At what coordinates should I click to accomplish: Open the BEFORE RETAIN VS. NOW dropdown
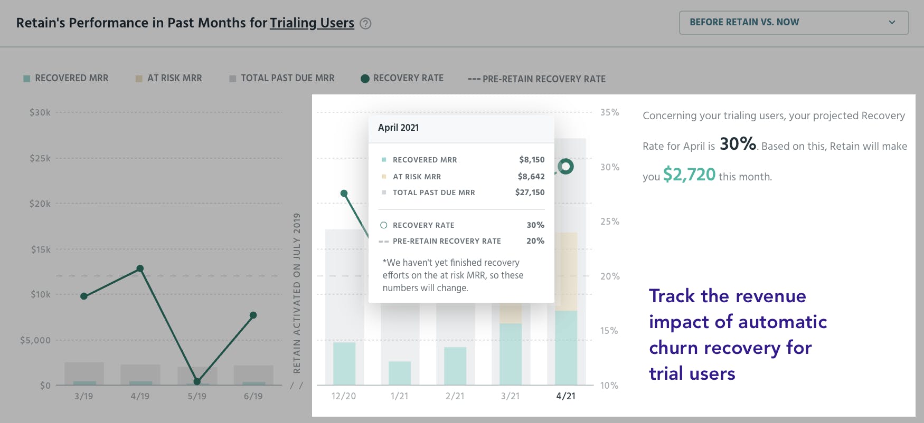click(x=793, y=23)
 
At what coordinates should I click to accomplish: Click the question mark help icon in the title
click(x=365, y=24)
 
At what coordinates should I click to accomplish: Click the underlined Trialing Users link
click(x=312, y=23)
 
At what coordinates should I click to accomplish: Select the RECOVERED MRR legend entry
click(x=66, y=78)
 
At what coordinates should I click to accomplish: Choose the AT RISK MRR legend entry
click(x=169, y=78)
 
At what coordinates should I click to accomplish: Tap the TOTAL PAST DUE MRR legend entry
click(x=282, y=78)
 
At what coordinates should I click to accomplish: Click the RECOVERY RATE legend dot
click(x=365, y=79)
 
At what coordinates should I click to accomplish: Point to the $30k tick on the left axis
click(x=40, y=112)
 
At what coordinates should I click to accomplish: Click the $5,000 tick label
click(x=35, y=340)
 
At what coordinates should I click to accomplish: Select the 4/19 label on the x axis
click(x=140, y=396)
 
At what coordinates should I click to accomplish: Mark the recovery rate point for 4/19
click(x=140, y=268)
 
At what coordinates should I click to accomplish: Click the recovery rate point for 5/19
click(x=197, y=381)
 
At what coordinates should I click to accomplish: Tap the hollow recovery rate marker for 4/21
click(x=565, y=167)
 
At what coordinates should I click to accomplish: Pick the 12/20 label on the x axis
click(x=344, y=396)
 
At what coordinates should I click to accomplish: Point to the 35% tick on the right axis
click(x=609, y=112)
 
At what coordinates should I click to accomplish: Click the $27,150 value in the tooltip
click(x=530, y=193)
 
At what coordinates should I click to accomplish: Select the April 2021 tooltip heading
click(x=398, y=128)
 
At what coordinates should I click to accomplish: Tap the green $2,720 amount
click(x=689, y=175)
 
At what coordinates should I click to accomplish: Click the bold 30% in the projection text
click(x=738, y=143)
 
